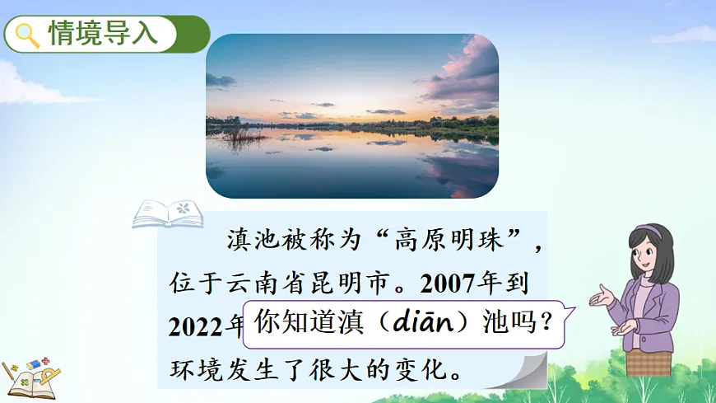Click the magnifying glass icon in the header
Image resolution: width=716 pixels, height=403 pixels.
29,34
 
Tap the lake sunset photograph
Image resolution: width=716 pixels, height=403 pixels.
351,116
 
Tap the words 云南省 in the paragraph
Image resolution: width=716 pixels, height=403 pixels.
278,284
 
